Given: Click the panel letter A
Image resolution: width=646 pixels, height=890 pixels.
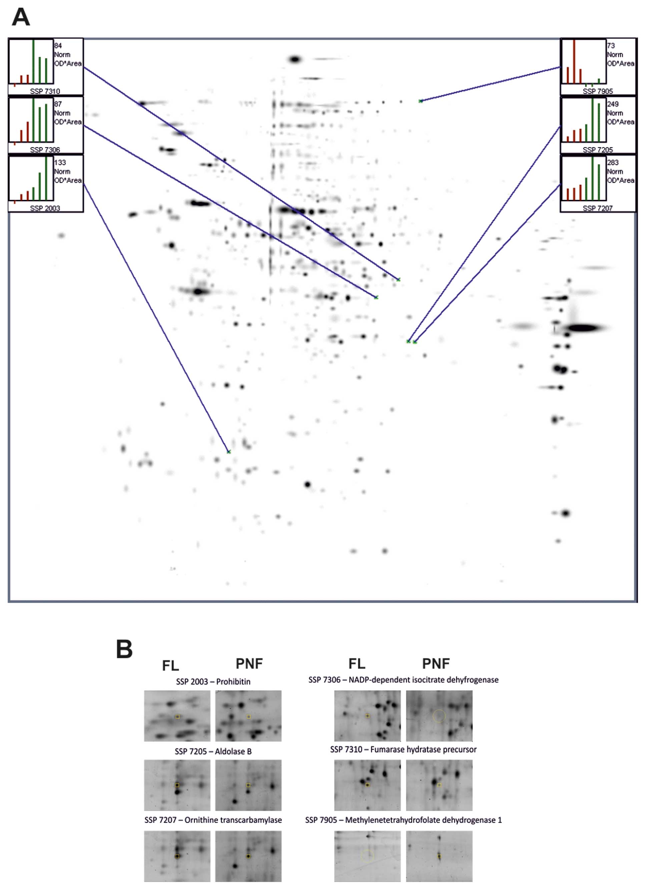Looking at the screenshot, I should pyautogui.click(x=21, y=17).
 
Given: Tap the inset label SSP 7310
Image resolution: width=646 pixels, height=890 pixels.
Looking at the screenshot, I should pyautogui.click(x=45, y=91).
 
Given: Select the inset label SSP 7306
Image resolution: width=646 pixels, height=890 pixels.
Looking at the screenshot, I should pyautogui.click(x=45, y=150).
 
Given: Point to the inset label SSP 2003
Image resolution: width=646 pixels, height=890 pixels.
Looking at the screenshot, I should pyautogui.click(x=45, y=208).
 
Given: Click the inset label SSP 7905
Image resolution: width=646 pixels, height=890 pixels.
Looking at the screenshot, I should pyautogui.click(x=597, y=91).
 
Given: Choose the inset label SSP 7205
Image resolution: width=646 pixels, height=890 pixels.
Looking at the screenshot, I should pyautogui.click(x=597, y=150).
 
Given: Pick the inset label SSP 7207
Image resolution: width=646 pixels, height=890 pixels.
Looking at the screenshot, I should pyautogui.click(x=597, y=208).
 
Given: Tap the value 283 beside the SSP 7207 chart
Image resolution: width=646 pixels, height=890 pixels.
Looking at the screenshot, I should pyautogui.click(x=613, y=162).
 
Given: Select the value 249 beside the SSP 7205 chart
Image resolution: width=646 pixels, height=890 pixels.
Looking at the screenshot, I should pyautogui.click(x=613, y=104).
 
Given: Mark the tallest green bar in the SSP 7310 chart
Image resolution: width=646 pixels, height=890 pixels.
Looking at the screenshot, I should pyautogui.click(x=33, y=62).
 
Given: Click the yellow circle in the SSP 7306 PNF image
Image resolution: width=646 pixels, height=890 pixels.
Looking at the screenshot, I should pyautogui.click(x=439, y=716).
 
